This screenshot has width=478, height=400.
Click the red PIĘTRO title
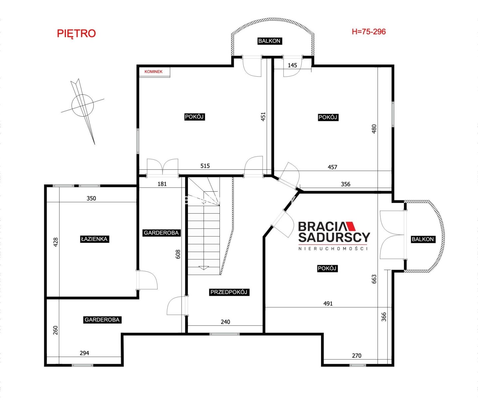coord(76,34)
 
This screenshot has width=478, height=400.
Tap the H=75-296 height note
coord(369,32)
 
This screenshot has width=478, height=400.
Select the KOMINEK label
coord(153,72)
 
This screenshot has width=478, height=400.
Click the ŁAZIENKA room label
coord(94,239)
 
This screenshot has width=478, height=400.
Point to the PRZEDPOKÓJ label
coord(229,292)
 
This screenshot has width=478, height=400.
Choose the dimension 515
coord(205,166)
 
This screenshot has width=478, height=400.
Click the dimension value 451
coord(263,116)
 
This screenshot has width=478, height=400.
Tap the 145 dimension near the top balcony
coord(292,65)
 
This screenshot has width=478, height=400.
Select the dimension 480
coord(374,129)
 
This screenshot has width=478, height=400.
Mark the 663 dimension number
coord(374,279)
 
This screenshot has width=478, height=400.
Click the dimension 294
coord(84,353)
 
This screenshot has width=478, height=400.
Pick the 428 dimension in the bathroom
coord(56,242)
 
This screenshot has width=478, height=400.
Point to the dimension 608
coord(178,254)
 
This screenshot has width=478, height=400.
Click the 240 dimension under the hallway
coord(226,322)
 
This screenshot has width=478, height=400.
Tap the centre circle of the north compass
coord(82,106)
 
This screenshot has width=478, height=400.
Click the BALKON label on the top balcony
coord(269,41)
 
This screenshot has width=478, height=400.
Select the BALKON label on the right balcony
coord(422,239)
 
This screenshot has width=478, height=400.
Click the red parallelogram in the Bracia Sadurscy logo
coord(351,226)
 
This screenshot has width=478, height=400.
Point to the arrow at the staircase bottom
coord(204,268)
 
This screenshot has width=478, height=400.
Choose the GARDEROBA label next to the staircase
coord(161,233)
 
